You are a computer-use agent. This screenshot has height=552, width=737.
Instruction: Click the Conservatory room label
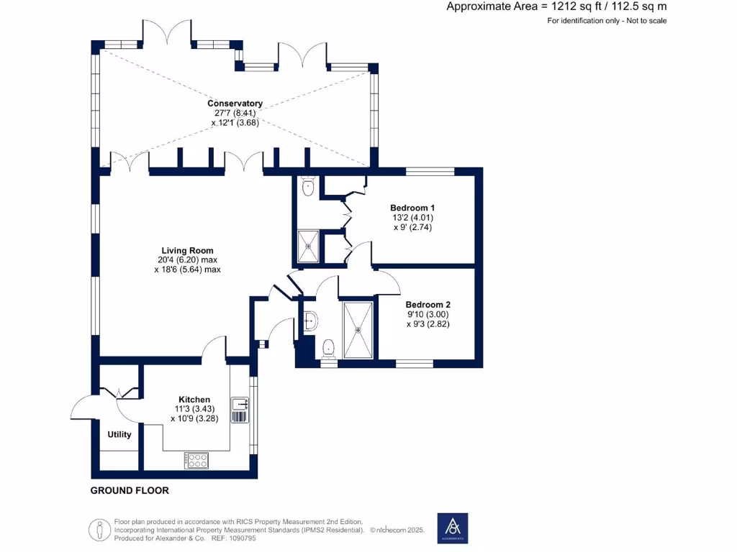coord(235,103)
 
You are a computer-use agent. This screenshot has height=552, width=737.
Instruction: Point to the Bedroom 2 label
coord(428,305)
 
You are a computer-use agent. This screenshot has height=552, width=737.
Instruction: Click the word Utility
coord(119,434)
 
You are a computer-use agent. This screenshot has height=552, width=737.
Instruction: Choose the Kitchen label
coord(194,400)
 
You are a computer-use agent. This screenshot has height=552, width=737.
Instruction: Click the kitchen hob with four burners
coord(196,460)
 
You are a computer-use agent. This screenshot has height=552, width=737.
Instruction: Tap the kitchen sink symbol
coord(239,410)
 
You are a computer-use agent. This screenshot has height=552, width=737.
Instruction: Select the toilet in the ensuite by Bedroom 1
coord(309,188)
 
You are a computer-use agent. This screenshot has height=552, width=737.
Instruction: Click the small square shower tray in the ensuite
coord(308,246)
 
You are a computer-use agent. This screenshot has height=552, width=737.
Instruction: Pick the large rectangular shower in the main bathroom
coord(358,330)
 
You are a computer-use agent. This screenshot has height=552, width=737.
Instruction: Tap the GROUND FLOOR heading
coord(130,491)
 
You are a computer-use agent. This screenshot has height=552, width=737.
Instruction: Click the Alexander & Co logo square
coord(453,528)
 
